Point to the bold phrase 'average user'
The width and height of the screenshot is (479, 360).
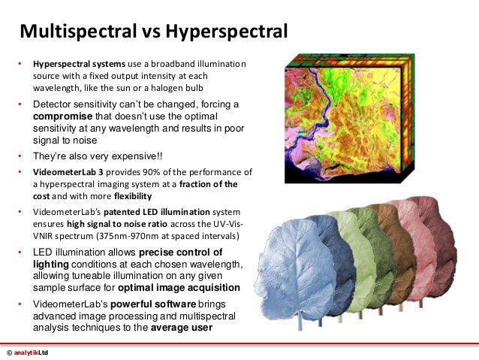coord(181,328)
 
